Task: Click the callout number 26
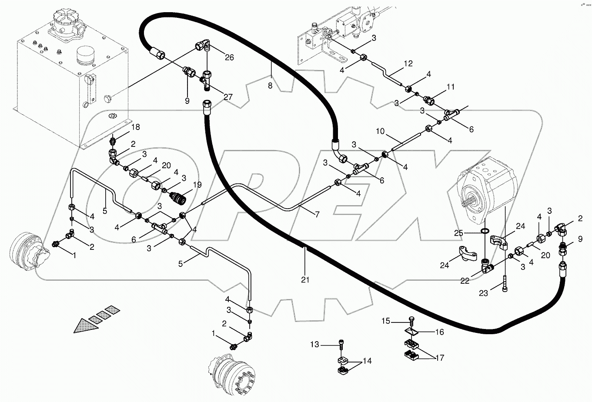pyautogui.click(x=229, y=57)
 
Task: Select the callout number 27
pyautogui.click(x=228, y=97)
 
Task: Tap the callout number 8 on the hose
pyautogui.click(x=270, y=86)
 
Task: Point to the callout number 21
pyautogui.click(x=305, y=280)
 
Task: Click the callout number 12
pyautogui.click(x=408, y=63)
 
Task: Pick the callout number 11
pyautogui.click(x=450, y=87)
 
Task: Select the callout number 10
pyautogui.click(x=380, y=131)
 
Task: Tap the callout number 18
pyautogui.click(x=135, y=127)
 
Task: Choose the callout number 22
pyautogui.click(x=465, y=281)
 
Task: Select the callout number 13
pyautogui.click(x=314, y=345)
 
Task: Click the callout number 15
pyautogui.click(x=386, y=322)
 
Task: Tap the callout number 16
pyautogui.click(x=439, y=332)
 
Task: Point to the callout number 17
pyautogui.click(x=439, y=358)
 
